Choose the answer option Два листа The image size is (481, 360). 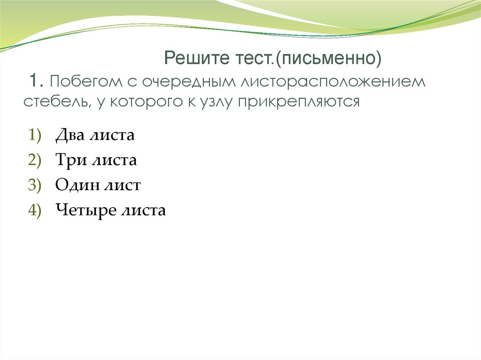tap(95, 136)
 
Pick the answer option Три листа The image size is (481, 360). tap(96, 161)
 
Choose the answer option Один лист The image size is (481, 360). tap(98, 185)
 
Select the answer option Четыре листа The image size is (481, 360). tap(110, 210)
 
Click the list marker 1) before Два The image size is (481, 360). tap(34, 136)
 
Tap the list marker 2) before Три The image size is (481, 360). tap(34, 161)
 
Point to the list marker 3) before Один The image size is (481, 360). tap(34, 185)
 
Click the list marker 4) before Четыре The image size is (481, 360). tap(34, 210)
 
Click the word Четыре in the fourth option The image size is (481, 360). tap(85, 210)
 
